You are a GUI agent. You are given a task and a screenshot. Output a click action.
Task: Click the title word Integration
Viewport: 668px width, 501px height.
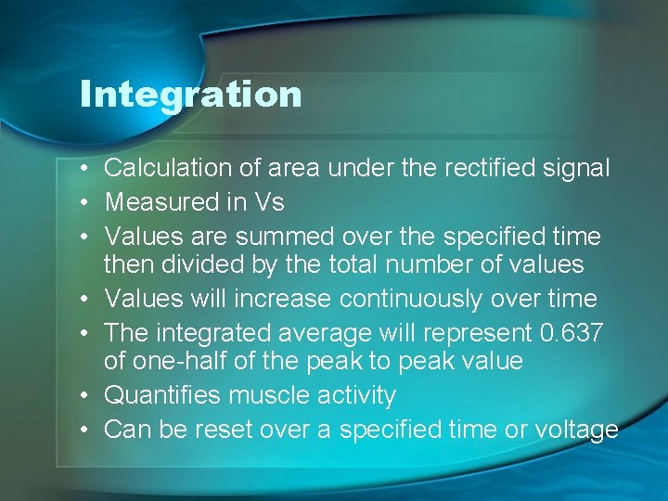tap(190, 95)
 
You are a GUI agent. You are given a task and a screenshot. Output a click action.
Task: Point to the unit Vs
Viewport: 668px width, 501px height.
tap(268, 201)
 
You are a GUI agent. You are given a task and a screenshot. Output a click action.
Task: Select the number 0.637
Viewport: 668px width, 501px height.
tap(572, 332)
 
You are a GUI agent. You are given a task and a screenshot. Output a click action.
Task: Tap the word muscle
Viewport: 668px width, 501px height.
tap(269, 395)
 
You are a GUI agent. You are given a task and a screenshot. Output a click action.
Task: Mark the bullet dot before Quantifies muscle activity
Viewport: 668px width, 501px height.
tap(83, 396)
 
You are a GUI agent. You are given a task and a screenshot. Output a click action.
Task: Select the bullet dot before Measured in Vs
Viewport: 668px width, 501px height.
tap(83, 202)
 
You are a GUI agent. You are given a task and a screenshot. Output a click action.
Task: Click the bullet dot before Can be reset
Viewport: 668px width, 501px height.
tap(83, 430)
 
